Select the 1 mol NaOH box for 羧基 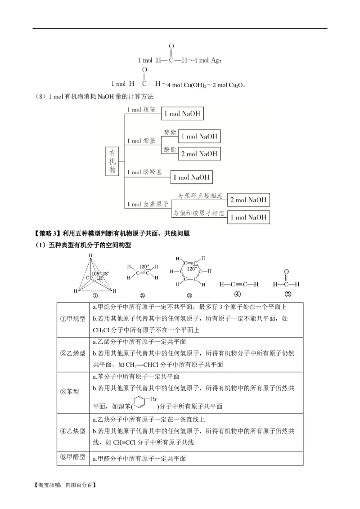coord(182,114)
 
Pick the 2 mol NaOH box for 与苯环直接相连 coord(248,200)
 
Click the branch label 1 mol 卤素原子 coord(147,204)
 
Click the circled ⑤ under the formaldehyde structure coord(288,295)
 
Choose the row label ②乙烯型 coord(73,353)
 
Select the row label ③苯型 coord(69,391)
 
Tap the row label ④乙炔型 coord(73,430)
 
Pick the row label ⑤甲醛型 coord(73,457)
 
